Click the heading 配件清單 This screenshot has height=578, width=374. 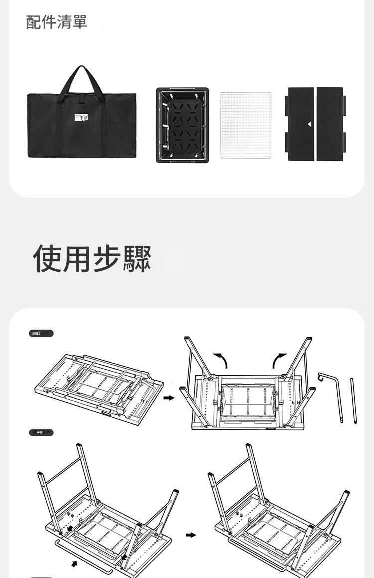(56, 22)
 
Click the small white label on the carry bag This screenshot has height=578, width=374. (81, 119)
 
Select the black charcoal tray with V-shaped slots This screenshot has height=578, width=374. (183, 126)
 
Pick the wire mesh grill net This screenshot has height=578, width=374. (246, 126)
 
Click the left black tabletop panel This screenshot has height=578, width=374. (301, 124)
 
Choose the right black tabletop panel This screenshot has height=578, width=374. (330, 124)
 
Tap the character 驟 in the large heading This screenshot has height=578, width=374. (136, 259)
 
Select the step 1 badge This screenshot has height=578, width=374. (41, 334)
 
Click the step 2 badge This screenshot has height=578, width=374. (41, 433)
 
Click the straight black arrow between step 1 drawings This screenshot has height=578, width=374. (170, 398)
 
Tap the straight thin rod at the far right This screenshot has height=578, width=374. (354, 401)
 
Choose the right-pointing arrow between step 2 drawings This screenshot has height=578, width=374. (190, 535)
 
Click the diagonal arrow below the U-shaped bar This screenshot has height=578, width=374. (74, 564)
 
